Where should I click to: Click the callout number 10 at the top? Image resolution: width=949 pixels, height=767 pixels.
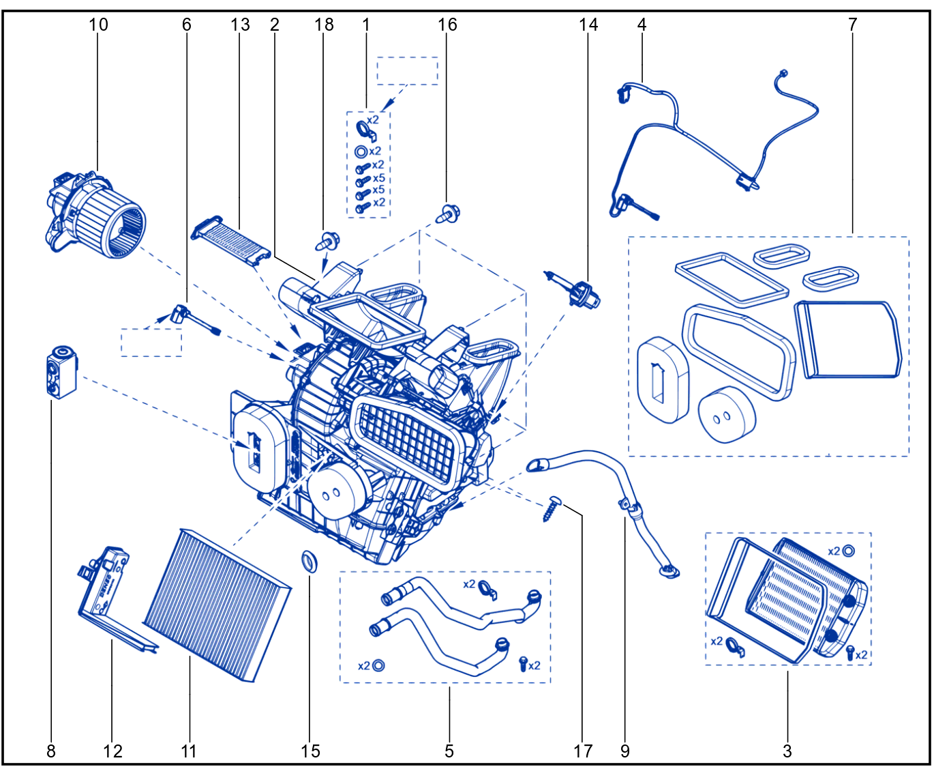(98, 25)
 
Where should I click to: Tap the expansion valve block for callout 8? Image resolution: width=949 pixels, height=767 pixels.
(61, 372)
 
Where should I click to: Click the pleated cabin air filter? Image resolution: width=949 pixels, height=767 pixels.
(217, 605)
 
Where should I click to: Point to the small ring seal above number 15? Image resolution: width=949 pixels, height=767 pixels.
(310, 562)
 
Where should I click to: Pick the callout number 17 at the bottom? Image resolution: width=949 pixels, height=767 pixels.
(582, 751)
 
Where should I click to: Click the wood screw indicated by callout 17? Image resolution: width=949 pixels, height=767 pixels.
(551, 508)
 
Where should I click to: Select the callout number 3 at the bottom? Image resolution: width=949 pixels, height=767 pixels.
(787, 751)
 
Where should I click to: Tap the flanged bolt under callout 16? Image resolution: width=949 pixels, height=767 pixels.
(449, 214)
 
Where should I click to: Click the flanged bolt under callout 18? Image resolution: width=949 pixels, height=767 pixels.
(327, 242)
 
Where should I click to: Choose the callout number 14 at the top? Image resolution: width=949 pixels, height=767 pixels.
(588, 25)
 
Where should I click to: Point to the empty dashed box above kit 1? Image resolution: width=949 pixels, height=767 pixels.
(407, 70)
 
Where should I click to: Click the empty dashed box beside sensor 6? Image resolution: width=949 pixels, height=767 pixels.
(151, 343)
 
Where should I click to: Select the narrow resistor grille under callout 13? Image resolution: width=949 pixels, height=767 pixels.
(231, 241)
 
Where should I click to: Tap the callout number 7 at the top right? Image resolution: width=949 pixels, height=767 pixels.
(852, 25)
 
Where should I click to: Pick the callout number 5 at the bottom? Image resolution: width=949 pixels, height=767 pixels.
(449, 751)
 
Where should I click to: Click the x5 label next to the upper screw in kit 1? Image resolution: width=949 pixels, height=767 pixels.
(378, 178)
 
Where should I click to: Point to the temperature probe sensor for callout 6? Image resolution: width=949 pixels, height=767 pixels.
(195, 319)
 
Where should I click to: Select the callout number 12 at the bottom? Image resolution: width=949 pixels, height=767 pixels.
(112, 751)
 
